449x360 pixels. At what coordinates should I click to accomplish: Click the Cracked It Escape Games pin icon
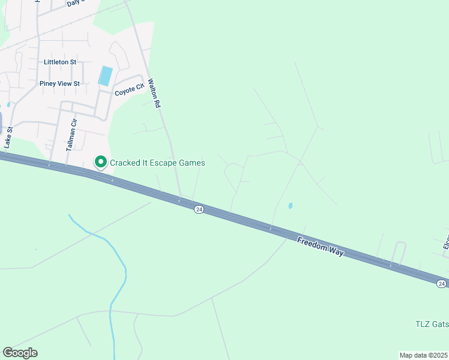tap(101, 162)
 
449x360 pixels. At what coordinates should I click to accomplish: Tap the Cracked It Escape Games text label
tap(157, 163)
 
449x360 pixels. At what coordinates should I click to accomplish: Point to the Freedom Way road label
tap(321, 247)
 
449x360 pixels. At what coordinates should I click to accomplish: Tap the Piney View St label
tap(59, 83)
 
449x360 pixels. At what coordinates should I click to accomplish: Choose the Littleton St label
tap(60, 62)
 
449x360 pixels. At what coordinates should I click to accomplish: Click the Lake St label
tap(8, 140)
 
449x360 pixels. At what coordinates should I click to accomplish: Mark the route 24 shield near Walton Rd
tap(199, 209)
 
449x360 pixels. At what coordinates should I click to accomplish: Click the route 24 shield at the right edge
tap(441, 283)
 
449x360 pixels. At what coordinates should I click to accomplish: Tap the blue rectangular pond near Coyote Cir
tap(105, 76)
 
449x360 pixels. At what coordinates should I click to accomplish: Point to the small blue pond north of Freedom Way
tap(291, 206)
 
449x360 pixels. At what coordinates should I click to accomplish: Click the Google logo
tap(20, 353)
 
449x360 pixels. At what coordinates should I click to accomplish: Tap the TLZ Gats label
tap(432, 324)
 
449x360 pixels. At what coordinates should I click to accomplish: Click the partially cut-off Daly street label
tap(74, 2)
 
